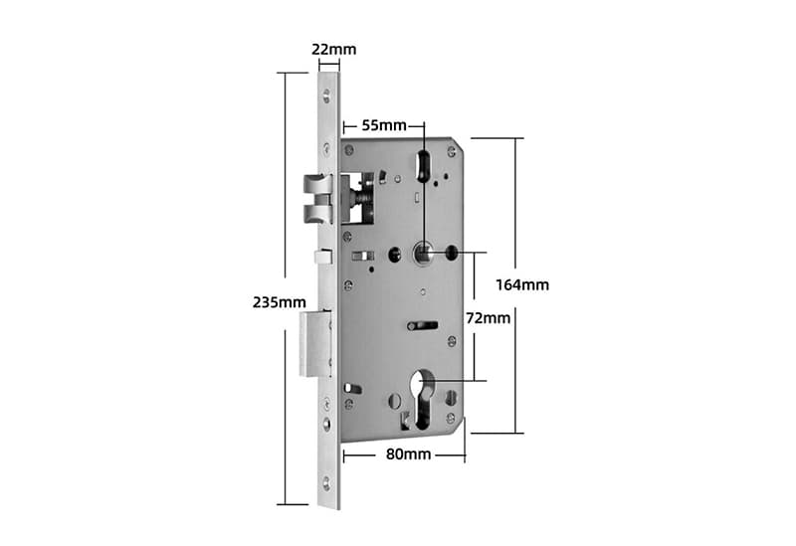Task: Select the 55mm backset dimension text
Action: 383,125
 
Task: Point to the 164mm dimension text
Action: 522,284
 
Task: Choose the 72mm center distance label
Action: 489,318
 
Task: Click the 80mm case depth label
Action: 407,455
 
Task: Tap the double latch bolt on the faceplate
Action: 316,199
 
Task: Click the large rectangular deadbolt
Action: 314,342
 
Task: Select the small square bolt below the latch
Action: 321,257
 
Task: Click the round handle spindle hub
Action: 424,253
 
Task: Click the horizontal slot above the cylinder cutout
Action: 424,325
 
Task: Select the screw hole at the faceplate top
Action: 328,96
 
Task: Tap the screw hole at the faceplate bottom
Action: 328,484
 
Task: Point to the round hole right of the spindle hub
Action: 453,253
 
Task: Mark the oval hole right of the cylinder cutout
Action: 452,399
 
